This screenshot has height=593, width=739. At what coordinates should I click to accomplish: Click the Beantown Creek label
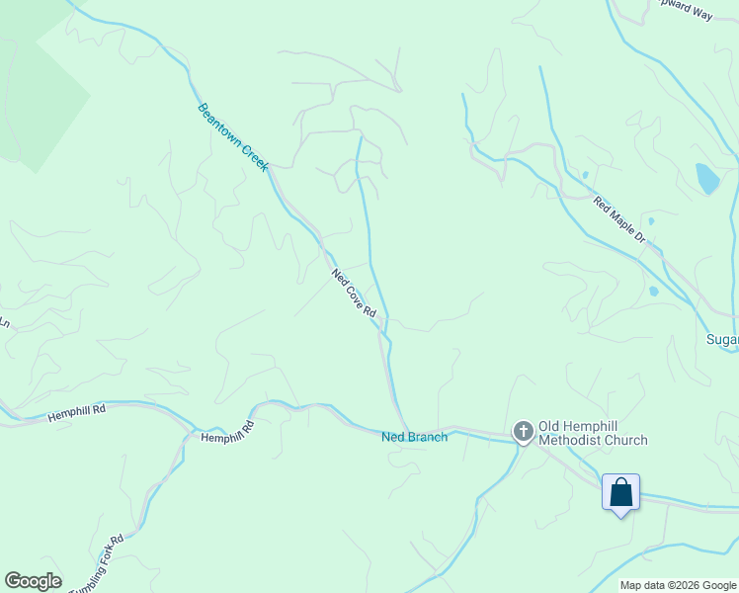[232, 137]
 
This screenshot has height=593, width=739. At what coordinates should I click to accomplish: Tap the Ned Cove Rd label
[354, 294]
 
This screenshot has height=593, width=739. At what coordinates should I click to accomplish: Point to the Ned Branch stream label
[414, 437]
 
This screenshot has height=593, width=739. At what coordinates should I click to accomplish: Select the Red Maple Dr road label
[618, 220]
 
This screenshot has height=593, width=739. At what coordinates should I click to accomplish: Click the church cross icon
[523, 432]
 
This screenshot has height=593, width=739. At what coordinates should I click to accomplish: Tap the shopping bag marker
[621, 492]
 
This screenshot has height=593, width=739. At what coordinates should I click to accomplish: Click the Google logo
[33, 581]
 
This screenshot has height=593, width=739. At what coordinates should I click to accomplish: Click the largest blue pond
[706, 179]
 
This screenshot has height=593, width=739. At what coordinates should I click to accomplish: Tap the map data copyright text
[678, 585]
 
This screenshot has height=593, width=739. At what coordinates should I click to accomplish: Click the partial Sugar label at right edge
[722, 340]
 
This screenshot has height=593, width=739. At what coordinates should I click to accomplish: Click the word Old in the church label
[550, 426]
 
